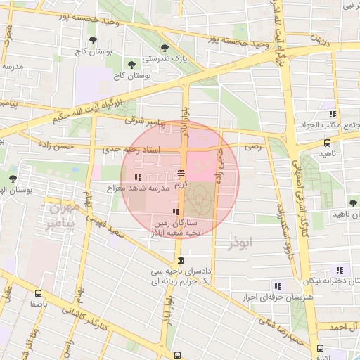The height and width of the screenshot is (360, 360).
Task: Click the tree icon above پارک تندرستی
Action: coord(165,49)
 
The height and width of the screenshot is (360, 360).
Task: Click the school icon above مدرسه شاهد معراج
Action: coord(139,177)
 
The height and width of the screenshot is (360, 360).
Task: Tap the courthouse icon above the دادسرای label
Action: coord(182,260)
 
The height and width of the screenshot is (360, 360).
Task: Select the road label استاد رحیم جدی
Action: coord(131,149)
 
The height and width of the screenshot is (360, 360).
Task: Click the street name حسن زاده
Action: coord(75,146)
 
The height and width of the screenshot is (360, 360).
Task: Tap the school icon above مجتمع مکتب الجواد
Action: coord(331,114)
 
